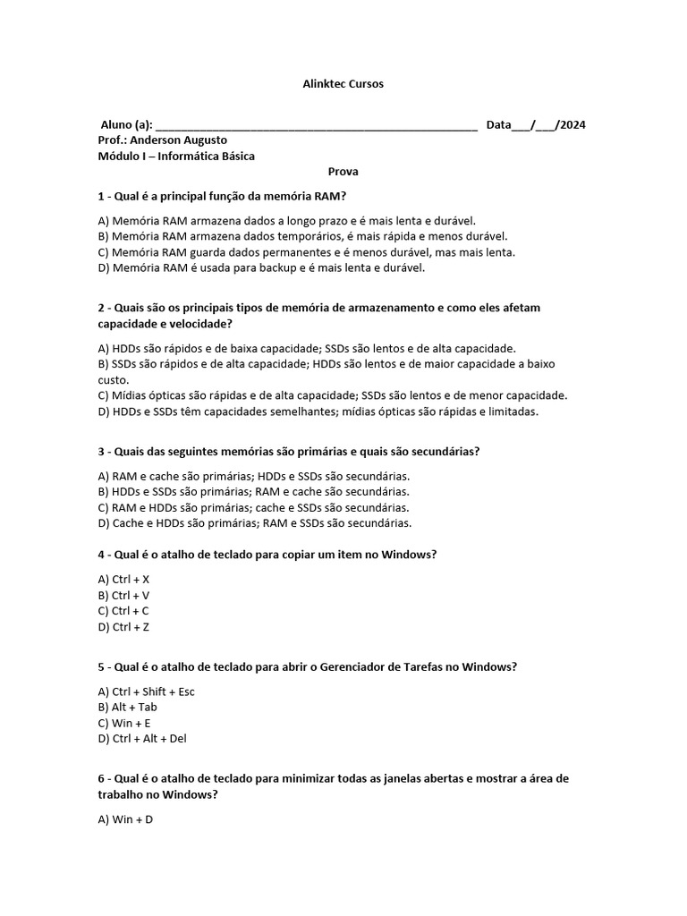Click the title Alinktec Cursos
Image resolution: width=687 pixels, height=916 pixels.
343,84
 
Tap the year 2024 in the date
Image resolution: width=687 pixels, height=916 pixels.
571,124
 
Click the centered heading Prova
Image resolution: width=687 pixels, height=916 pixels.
343,172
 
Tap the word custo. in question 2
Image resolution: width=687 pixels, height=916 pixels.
114,380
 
